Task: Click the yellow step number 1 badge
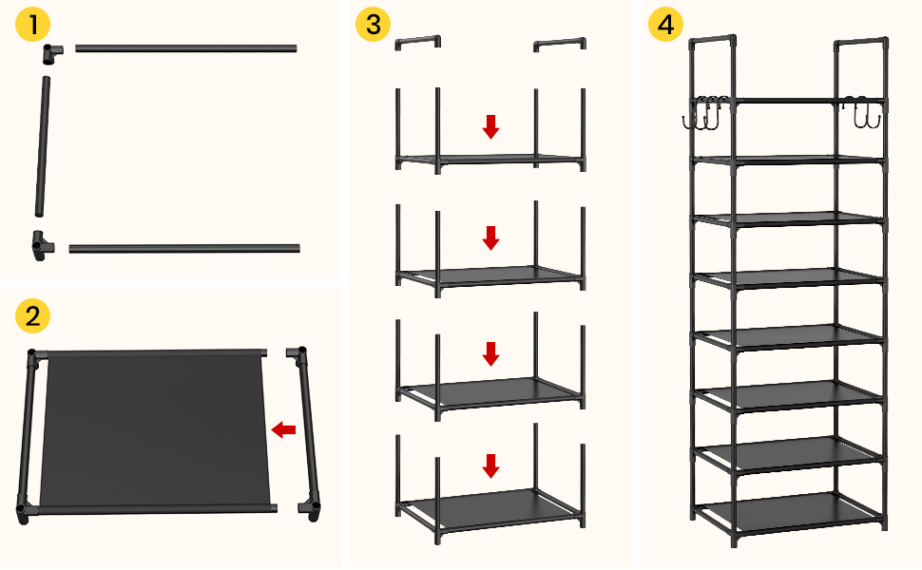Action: point(33,26)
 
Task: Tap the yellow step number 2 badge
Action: point(33,315)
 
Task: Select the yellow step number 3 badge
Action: point(373,26)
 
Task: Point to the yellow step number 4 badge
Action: point(665,26)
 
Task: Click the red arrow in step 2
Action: point(283,430)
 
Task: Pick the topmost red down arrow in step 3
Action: point(490,125)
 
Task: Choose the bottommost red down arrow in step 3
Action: point(490,465)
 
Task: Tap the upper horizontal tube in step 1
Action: point(185,47)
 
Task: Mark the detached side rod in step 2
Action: point(308,432)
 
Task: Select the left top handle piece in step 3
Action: point(418,42)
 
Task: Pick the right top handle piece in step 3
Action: point(559,42)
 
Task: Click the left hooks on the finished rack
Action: point(701,115)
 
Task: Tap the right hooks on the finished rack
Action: point(861,114)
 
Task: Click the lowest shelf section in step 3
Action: point(490,503)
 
